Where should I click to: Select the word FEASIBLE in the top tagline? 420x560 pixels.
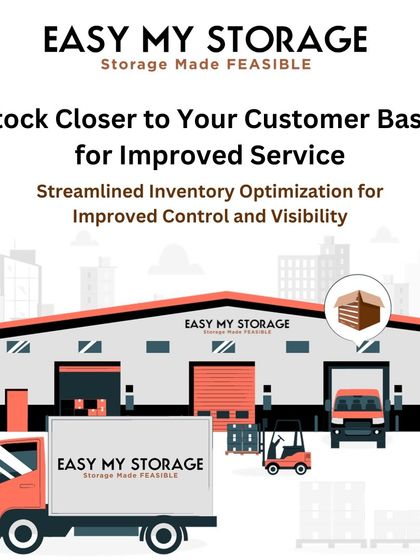(x=280, y=65)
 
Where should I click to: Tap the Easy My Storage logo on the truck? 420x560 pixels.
(x=130, y=468)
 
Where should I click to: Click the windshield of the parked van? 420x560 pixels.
(x=357, y=403)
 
